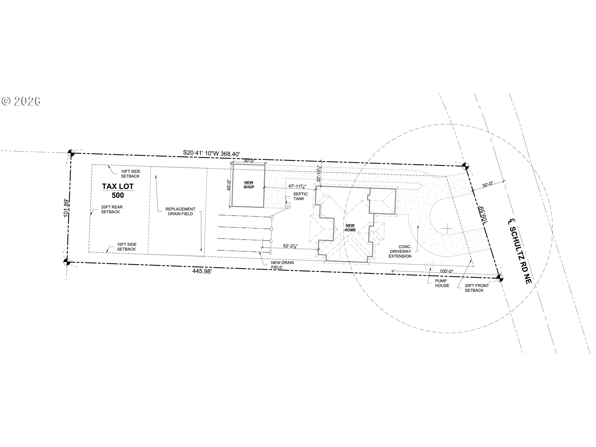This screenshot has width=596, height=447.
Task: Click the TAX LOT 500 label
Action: [118, 191]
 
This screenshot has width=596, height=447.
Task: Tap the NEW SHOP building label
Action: [249, 185]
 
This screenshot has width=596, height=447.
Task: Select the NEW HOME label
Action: [350, 228]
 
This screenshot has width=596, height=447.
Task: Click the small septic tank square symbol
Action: [288, 205]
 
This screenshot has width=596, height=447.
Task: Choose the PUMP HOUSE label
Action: [442, 283]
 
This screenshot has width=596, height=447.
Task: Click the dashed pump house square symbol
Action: [429, 266]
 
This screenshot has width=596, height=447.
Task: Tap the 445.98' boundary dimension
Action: [202, 271]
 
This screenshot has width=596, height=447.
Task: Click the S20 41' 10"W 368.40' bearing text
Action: [212, 153]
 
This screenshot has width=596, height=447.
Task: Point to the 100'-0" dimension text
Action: [447, 271]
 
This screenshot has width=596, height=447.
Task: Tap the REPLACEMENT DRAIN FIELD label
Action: [180, 211]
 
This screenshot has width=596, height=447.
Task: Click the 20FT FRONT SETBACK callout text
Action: [477, 288]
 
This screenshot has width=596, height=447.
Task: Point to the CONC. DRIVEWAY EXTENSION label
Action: [400, 251]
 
